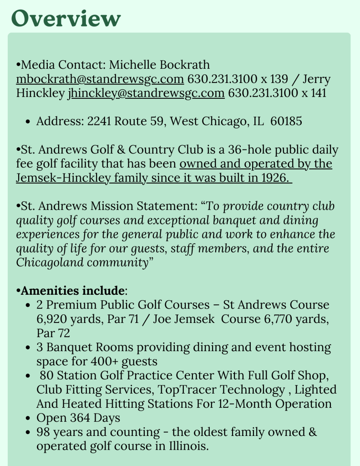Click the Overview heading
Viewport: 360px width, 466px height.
click(x=66, y=18)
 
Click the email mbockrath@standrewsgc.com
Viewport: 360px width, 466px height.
click(x=100, y=79)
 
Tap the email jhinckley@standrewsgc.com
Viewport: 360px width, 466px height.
click(x=146, y=93)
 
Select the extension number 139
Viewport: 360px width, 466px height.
click(x=279, y=79)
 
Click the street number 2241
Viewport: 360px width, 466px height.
click(x=99, y=121)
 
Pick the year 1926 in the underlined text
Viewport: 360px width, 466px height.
click(x=274, y=178)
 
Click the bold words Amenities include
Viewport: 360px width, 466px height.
click(x=72, y=291)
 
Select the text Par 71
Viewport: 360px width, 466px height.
click(x=123, y=319)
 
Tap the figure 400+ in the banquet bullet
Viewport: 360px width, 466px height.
click(x=102, y=361)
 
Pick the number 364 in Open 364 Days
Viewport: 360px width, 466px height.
click(x=81, y=418)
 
